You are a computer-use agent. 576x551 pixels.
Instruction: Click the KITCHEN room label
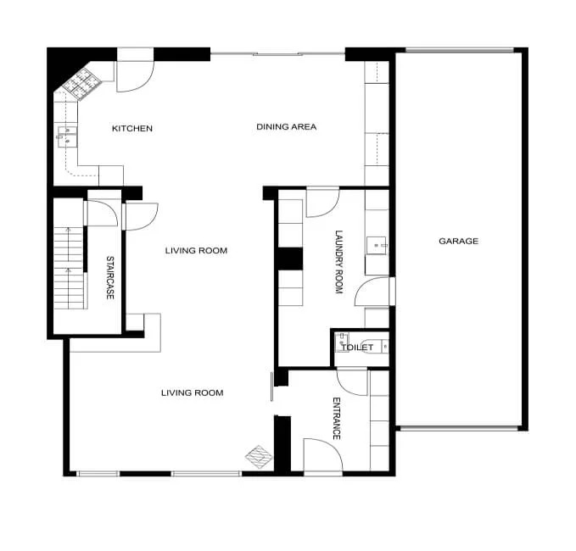(131, 129)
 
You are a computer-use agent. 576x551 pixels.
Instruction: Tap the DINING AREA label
(286, 127)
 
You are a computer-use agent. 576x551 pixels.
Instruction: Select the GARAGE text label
(458, 242)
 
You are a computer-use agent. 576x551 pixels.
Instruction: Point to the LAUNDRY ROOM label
(338, 262)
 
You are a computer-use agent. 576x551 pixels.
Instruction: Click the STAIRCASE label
(109, 277)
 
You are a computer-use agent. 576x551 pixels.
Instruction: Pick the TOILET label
(357, 348)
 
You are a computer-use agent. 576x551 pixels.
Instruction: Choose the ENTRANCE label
(337, 419)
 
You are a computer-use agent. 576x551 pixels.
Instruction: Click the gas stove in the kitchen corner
(81, 84)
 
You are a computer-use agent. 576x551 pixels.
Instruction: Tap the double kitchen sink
(67, 136)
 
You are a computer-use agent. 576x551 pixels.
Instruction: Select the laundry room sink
(377, 246)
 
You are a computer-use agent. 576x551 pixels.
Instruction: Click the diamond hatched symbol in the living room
(259, 457)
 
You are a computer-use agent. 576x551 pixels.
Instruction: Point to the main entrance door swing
(323, 454)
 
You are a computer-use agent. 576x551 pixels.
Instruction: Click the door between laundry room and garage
(374, 291)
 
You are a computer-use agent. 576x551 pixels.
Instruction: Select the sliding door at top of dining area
(277, 54)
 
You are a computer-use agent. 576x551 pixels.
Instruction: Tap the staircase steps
(69, 268)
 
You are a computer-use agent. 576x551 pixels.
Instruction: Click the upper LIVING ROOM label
(196, 251)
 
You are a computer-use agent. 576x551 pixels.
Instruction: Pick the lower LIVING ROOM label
(192, 392)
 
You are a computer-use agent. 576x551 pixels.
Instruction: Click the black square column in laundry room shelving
(290, 259)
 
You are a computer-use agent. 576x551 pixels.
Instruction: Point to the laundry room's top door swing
(322, 203)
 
